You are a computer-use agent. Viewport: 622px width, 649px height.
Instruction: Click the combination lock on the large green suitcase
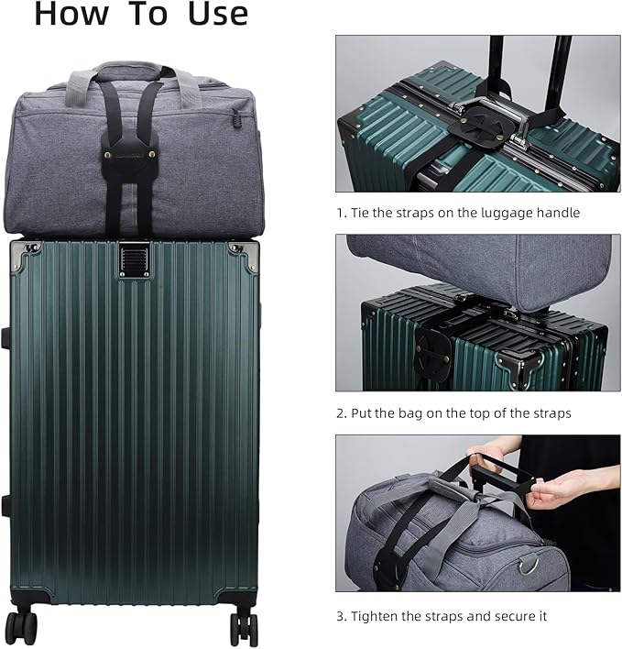[x=132, y=258]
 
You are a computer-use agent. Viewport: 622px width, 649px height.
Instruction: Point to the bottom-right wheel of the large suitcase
[x=245, y=628]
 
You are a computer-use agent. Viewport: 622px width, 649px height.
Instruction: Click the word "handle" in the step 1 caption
[x=557, y=213]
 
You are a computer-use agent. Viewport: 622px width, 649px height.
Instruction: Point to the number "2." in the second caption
[x=341, y=413]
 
